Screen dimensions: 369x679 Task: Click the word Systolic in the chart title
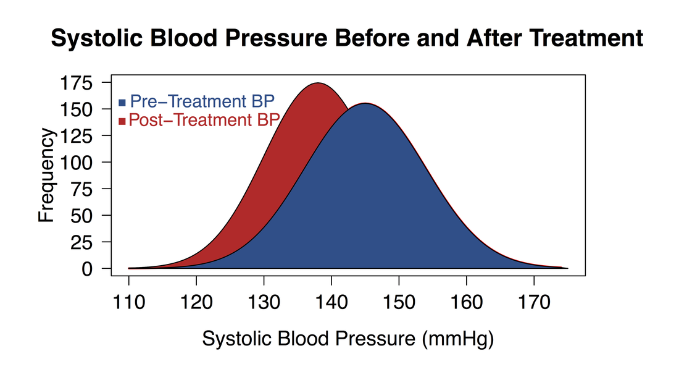point(91,39)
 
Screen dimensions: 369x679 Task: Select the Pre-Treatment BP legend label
point(202,101)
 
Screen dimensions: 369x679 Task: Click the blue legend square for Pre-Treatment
point(122,102)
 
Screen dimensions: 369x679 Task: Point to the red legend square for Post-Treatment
point(122,121)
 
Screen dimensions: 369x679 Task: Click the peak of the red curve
point(318,83)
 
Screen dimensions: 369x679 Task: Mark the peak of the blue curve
point(365,103)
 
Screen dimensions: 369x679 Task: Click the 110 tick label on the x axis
point(128,303)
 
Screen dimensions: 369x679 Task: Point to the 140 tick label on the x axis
point(331,303)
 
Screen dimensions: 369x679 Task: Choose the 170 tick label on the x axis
point(534,303)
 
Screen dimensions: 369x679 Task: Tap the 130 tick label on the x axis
point(264,303)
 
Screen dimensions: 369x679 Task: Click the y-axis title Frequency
point(47,176)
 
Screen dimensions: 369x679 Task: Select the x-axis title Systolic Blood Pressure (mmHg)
point(348,339)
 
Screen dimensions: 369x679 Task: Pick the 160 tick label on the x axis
point(467,303)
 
